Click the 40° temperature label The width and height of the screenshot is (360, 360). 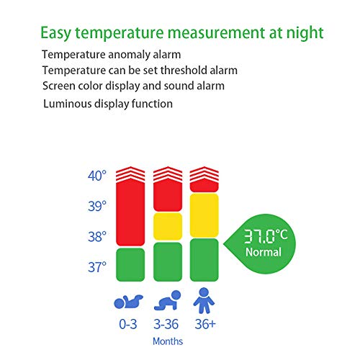97,175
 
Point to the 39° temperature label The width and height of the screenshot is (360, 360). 97,206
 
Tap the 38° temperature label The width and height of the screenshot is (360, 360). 97,237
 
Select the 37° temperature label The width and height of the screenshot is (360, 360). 97,267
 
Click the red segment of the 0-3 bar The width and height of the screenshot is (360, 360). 130,212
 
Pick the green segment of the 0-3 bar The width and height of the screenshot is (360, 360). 130,264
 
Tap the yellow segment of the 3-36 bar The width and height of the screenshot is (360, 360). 167,226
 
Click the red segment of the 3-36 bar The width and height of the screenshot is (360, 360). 167,196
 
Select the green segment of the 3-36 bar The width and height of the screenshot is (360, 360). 167,261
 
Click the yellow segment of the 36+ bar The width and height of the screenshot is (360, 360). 204,215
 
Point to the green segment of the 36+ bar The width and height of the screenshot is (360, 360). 204,259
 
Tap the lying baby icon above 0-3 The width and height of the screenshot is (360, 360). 130,300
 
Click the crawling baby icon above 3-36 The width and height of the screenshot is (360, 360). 168,300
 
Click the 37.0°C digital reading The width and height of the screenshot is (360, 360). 263,235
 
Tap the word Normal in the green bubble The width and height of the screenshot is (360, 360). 264,253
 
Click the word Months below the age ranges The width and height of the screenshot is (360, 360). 168,341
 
